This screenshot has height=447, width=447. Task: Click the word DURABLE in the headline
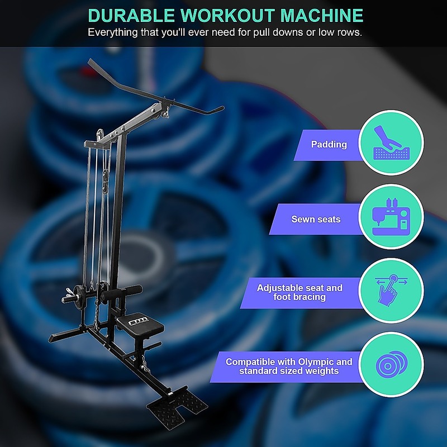(131, 16)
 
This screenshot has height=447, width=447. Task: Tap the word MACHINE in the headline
(322, 16)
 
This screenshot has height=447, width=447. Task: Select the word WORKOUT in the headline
(227, 16)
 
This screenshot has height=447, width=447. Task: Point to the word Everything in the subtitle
(113, 32)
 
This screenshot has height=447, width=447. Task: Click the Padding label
(329, 144)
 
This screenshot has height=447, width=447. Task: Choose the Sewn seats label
(316, 219)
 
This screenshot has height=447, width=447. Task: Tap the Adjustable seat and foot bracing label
(299, 292)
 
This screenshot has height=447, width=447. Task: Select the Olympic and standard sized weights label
(289, 366)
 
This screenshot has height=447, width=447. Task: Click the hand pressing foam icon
(391, 142)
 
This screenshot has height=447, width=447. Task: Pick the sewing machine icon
(391, 217)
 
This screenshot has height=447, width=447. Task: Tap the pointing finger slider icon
(391, 290)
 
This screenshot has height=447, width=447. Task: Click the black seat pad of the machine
(140, 325)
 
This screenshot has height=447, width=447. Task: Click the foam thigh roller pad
(122, 292)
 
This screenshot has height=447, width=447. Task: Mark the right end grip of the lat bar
(217, 110)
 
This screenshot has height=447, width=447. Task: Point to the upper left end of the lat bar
(90, 61)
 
